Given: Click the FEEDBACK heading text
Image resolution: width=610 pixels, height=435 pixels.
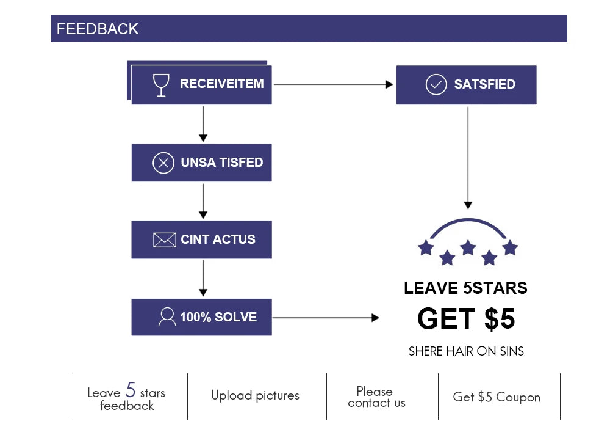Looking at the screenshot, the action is click(x=97, y=29).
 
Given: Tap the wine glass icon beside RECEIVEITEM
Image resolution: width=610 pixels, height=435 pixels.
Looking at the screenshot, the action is click(x=161, y=85).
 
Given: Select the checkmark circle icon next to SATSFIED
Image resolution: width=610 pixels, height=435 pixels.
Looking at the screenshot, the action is click(x=436, y=84).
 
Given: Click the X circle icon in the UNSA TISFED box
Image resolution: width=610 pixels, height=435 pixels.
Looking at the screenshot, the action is click(x=163, y=163).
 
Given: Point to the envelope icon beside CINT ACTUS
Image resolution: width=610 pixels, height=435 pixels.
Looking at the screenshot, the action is click(x=165, y=239).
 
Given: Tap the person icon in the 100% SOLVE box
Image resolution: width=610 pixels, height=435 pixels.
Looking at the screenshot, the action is click(x=167, y=316).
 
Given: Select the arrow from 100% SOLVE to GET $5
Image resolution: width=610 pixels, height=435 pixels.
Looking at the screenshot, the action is click(x=326, y=318).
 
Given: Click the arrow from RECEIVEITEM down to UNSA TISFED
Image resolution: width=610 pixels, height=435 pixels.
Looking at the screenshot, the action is click(x=203, y=124).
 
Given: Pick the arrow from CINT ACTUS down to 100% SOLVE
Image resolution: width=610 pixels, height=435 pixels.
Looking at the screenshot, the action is click(x=203, y=279).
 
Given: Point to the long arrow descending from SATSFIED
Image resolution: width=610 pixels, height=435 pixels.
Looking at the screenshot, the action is click(x=468, y=158).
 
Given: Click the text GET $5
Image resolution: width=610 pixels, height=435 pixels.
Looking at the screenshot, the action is click(x=466, y=318).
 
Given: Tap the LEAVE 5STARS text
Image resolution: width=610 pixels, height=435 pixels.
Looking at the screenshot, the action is click(x=465, y=288).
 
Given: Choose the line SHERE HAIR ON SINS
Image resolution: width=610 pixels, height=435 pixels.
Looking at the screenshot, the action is click(x=466, y=351).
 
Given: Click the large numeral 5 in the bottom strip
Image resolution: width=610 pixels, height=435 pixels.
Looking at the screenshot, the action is click(x=131, y=389).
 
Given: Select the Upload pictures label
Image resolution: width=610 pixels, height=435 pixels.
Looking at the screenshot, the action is click(x=255, y=395).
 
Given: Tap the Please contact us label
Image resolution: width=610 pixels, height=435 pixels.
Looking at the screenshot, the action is click(x=376, y=397).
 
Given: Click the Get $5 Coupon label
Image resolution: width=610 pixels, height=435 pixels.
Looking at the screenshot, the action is click(x=497, y=397).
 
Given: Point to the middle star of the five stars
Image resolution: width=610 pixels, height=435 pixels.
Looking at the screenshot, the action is click(x=468, y=247).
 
